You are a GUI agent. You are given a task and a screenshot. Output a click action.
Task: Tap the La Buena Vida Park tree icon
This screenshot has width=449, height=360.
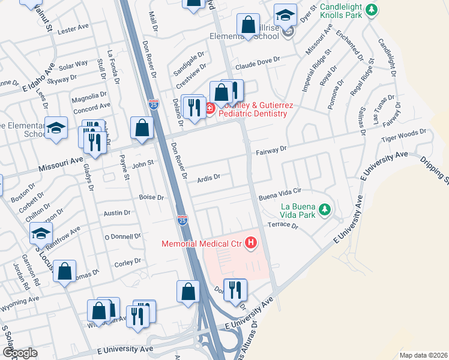pos(325,209)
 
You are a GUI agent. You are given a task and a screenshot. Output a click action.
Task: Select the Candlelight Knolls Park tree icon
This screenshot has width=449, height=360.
pos(372,10)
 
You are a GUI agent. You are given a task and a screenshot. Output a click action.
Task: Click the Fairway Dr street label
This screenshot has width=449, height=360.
pos(274,151)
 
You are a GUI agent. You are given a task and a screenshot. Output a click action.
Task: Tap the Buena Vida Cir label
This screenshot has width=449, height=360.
pos(279,196)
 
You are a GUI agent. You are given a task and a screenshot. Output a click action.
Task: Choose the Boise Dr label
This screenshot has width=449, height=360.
pos(151,197)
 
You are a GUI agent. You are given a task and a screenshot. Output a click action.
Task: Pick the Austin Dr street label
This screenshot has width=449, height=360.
pos(117,213)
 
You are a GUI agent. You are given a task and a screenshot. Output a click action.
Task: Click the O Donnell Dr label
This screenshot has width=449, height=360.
pos(122,236)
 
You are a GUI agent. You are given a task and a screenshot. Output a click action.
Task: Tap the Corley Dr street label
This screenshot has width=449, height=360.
pos(127,261)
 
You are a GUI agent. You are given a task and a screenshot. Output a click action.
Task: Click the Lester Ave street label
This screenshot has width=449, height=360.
pos(73,28)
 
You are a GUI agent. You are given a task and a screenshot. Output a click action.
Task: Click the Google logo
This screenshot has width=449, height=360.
pos(20,353)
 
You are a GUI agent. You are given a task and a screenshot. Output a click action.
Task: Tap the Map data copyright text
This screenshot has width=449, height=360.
pos(423,355)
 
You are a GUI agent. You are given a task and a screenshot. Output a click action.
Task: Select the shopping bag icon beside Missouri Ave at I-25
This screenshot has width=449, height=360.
pos(142,128)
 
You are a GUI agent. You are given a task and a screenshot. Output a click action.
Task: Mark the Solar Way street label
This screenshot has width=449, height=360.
pos(73,64)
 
